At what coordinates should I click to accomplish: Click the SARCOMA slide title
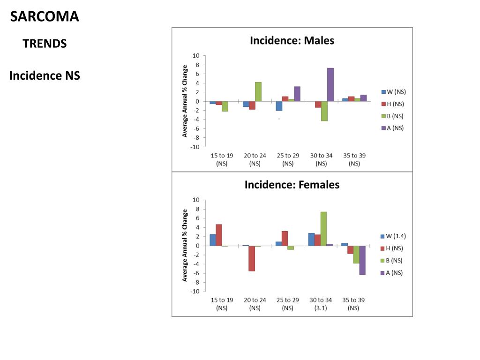pyautogui.click(x=45, y=17)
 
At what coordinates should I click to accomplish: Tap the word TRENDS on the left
pyautogui.click(x=45, y=44)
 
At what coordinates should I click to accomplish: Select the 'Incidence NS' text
pyautogui.click(x=45, y=75)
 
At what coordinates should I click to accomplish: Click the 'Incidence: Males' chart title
pyautogui.click(x=292, y=40)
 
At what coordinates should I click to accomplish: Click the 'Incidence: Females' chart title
pyautogui.click(x=292, y=185)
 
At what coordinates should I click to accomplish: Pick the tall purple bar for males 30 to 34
pyautogui.click(x=330, y=85)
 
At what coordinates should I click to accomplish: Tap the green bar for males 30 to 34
pyautogui.click(x=324, y=111)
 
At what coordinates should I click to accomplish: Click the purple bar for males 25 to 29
pyautogui.click(x=297, y=94)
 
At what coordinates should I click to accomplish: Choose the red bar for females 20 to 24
pyautogui.click(x=252, y=258)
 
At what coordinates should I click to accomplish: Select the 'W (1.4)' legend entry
pyautogui.click(x=393, y=236)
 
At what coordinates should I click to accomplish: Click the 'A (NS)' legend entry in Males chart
pyautogui.click(x=393, y=128)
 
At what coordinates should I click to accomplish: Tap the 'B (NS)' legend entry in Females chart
pyautogui.click(x=393, y=261)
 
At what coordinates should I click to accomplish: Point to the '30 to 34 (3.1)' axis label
pyautogui.click(x=321, y=304)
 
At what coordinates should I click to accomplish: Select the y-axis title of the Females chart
pyautogui.click(x=185, y=245)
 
